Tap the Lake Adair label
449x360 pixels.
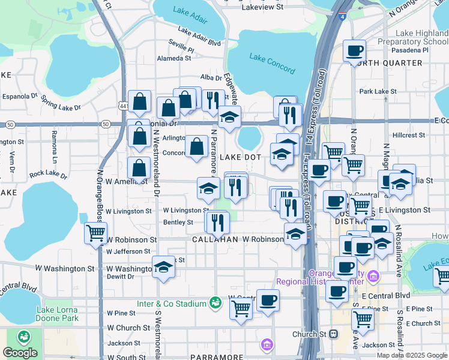click(x=190, y=10)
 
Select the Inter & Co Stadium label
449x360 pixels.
click(x=171, y=304)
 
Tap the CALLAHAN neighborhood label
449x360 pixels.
click(x=215, y=239)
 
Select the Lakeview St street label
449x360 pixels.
click(x=262, y=7)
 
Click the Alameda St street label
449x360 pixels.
click(x=174, y=58)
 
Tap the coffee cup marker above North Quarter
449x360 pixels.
click(x=355, y=50)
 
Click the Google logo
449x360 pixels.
click(x=20, y=353)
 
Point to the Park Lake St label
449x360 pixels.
click(x=375, y=91)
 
